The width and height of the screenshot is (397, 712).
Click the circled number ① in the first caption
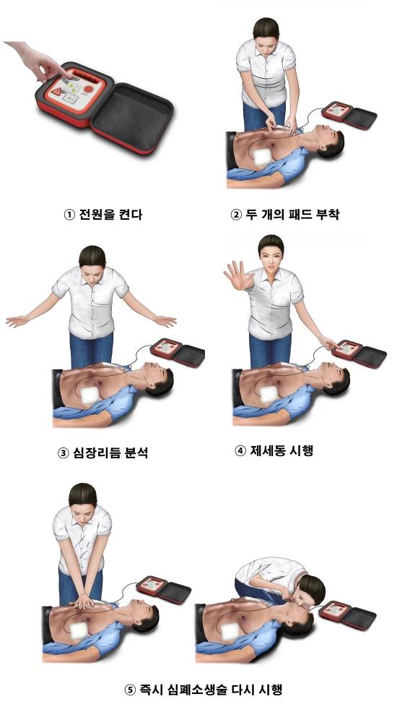(x=69, y=214)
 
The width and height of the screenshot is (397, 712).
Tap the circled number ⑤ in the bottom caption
(x=130, y=689)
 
